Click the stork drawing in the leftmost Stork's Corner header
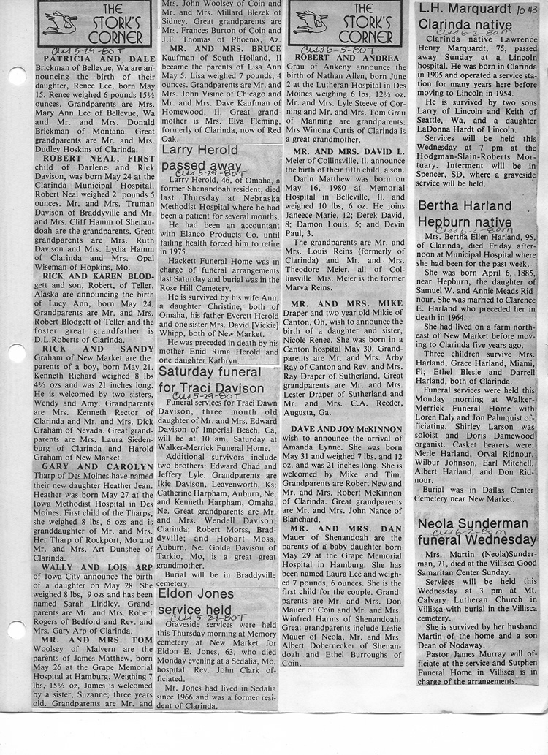tap(61, 23)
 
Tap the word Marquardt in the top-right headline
tap(476, 9)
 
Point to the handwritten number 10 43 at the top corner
tap(528, 10)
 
